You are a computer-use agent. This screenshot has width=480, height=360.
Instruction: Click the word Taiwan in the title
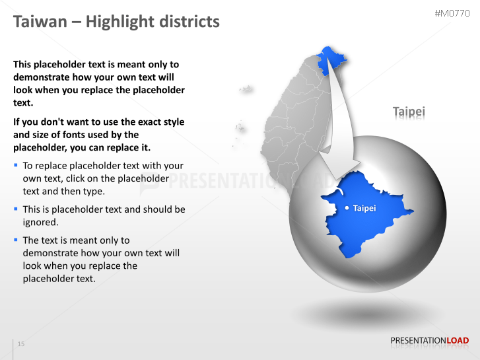point(40,22)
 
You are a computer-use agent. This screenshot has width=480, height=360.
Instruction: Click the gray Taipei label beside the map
point(409,112)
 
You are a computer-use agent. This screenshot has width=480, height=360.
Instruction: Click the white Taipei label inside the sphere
point(364,208)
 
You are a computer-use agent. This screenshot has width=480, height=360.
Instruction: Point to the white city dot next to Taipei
point(347,208)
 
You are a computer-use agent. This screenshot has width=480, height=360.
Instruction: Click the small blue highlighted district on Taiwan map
point(325,60)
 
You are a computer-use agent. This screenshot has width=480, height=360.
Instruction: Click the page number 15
point(21,344)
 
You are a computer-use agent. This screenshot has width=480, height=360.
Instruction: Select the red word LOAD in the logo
point(458,341)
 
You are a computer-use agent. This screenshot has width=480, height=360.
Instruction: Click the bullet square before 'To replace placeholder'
point(16,164)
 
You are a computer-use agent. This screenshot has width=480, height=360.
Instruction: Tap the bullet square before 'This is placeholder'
point(16,208)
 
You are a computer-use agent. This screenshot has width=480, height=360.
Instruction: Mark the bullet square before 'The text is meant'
point(16,239)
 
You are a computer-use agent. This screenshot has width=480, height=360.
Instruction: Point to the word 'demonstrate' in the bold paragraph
point(42,77)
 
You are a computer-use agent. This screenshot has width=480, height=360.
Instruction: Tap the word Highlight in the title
point(118,22)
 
